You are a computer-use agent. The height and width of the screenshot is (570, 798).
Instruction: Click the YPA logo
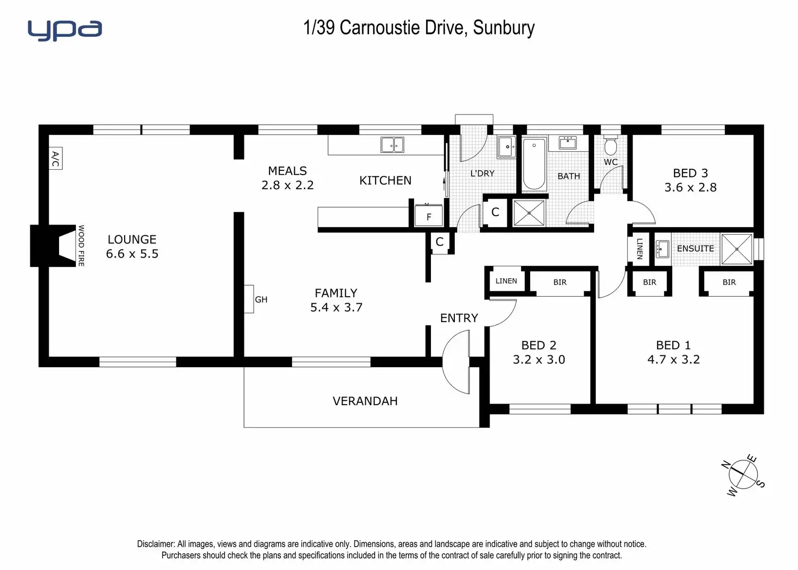(65, 30)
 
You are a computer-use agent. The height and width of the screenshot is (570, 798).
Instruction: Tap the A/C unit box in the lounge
(55, 158)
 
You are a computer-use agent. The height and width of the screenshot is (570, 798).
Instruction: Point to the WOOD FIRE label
(81, 246)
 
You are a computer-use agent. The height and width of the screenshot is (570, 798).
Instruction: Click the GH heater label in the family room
(261, 299)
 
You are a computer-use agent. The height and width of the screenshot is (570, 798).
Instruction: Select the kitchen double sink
(392, 145)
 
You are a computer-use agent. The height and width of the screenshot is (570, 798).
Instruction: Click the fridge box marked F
(429, 216)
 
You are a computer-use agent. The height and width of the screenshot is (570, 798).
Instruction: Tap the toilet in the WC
(610, 145)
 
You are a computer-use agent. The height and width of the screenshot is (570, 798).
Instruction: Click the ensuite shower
(737, 249)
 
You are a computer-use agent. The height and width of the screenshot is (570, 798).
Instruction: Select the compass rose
(743, 475)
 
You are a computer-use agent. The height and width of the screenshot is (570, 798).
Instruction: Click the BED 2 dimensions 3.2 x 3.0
(539, 360)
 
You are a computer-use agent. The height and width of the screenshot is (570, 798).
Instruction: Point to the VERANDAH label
(365, 401)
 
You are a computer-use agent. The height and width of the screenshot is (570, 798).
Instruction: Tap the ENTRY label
(459, 318)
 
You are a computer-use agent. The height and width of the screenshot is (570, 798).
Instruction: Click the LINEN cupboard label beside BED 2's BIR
(506, 281)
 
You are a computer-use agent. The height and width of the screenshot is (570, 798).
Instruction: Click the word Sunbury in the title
(504, 28)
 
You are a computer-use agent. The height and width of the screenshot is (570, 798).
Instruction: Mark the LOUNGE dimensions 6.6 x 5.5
(132, 254)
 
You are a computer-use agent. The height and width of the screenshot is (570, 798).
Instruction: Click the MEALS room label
(287, 171)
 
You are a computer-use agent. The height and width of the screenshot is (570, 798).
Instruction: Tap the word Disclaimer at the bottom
(156, 544)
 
